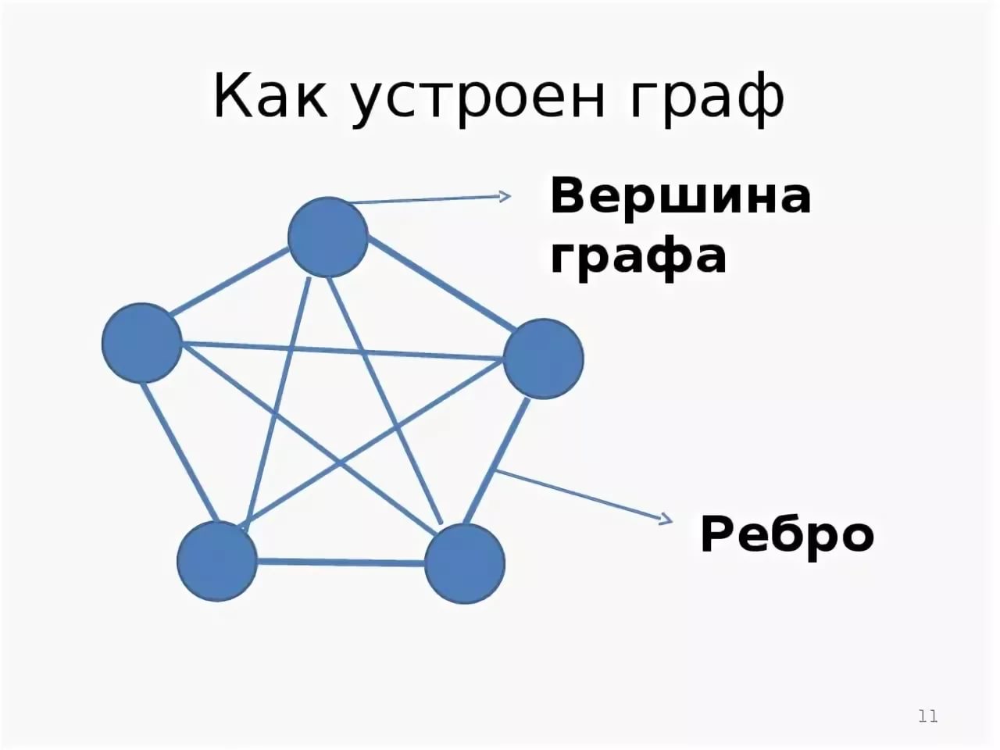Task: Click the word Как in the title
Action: [x=270, y=95]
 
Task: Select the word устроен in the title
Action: [x=478, y=101]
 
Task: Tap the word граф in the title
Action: [x=706, y=98]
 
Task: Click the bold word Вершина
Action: [x=680, y=198]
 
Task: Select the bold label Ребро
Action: [x=787, y=534]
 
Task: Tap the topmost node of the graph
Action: [x=327, y=237]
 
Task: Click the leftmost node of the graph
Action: [x=141, y=342]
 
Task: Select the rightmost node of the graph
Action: [x=543, y=359]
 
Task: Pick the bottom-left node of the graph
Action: [x=217, y=561]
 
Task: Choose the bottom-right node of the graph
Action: [x=464, y=563]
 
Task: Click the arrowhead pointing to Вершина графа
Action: [x=505, y=196]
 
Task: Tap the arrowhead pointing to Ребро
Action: [x=667, y=519]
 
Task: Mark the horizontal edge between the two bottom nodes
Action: [x=341, y=562]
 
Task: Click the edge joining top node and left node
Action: [x=230, y=282]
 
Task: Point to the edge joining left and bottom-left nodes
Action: [x=180, y=452]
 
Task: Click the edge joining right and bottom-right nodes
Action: [x=495, y=461]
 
